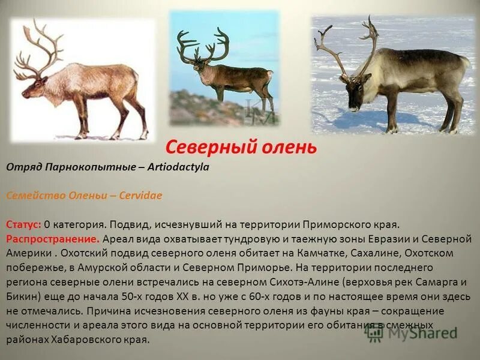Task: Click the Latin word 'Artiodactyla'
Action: click(x=179, y=167)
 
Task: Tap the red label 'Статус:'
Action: click(x=24, y=224)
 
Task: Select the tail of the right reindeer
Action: click(x=464, y=62)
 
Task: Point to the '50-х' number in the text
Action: click(x=150, y=296)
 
